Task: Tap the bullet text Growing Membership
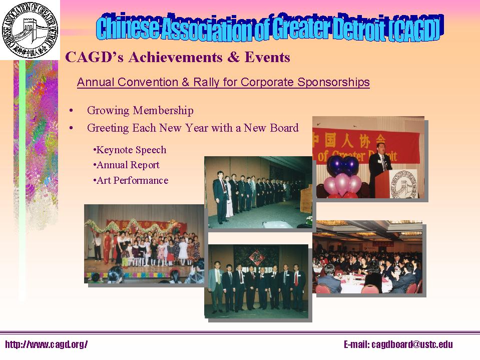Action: tap(140, 111)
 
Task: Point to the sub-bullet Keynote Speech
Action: tap(130, 150)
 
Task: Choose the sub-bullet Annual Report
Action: tap(126, 165)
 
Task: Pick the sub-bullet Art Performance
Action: tap(131, 181)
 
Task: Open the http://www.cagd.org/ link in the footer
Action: tap(47, 344)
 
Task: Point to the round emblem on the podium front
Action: tap(404, 183)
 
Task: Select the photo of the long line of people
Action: tap(258, 191)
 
